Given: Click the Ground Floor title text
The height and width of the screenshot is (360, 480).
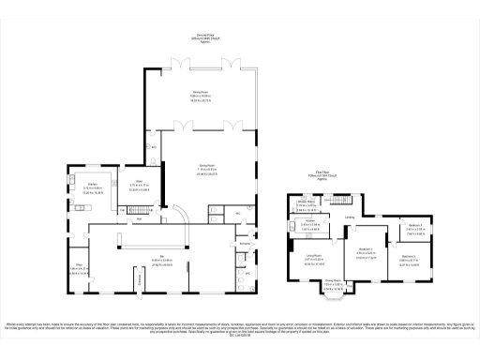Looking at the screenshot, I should pos(202,37).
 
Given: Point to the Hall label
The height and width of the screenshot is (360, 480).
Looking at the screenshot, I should pos(140,218).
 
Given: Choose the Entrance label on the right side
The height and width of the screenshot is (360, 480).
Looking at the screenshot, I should pos(245,243).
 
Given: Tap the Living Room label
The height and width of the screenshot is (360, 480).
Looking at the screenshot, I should pos(312,255).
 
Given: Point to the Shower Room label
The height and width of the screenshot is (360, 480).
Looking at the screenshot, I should pos(306,202).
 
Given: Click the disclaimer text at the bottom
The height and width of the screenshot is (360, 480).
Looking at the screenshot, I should pos(240,328).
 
